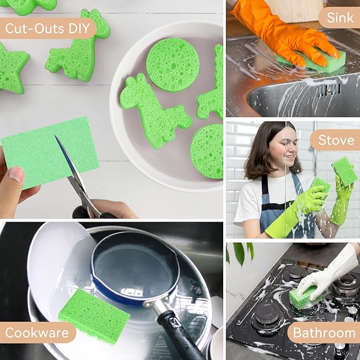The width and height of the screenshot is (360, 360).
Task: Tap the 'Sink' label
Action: point(339,17)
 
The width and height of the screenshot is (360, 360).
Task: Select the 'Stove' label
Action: point(336,140)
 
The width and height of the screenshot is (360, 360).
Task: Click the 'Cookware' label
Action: point(37,333)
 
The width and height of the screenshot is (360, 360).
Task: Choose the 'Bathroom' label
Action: point(323,333)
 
